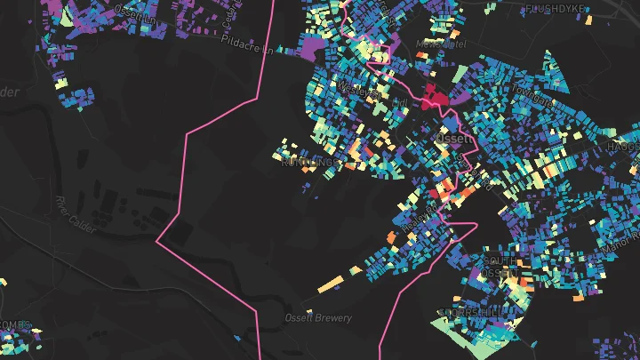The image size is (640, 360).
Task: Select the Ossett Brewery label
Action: coord(318,317)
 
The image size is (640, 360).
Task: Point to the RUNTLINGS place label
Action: coord(308,163)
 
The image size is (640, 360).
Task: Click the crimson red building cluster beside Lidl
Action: coord(436,95)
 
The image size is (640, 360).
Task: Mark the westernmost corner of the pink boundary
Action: coord(157,240)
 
